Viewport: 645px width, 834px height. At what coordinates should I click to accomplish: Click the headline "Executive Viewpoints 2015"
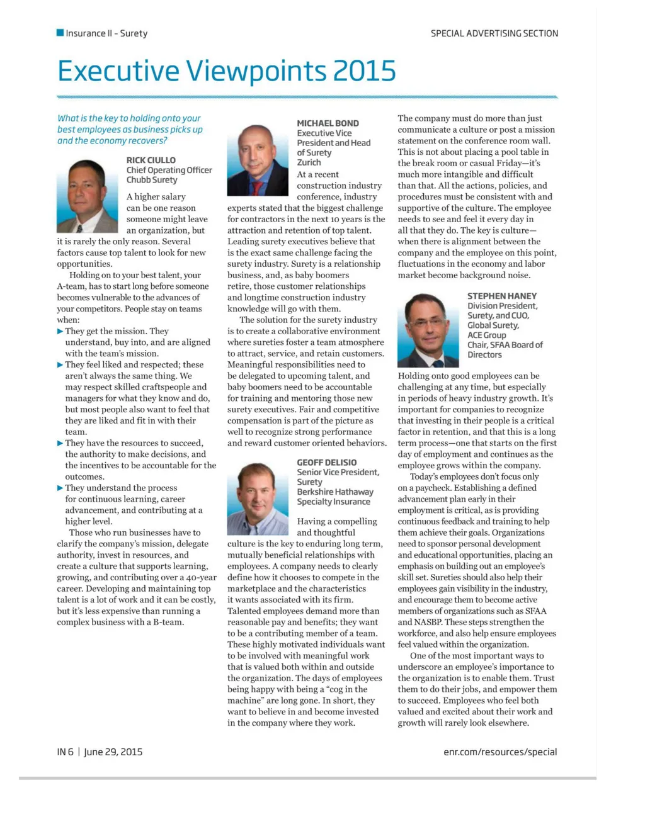pyautogui.click(x=226, y=71)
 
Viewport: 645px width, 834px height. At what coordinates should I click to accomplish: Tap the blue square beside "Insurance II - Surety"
pyautogui.click(x=60, y=33)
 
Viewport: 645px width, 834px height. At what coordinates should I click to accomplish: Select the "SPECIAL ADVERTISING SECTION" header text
pyautogui.click(x=494, y=33)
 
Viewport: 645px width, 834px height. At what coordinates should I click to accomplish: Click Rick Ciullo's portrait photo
pyautogui.click(x=87, y=196)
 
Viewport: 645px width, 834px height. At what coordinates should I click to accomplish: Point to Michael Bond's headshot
pyautogui.click(x=257, y=161)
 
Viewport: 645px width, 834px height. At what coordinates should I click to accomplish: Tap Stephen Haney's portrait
pyautogui.click(x=428, y=330)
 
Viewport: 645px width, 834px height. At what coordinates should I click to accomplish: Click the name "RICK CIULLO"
pyautogui.click(x=151, y=161)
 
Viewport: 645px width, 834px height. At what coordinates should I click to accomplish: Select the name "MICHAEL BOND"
pyautogui.click(x=328, y=123)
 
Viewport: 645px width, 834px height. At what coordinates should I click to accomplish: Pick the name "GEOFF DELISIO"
pyautogui.click(x=326, y=463)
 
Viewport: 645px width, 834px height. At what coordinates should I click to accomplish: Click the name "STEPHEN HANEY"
pyautogui.click(x=502, y=296)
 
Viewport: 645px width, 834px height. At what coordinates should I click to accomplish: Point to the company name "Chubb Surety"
pyautogui.click(x=152, y=180)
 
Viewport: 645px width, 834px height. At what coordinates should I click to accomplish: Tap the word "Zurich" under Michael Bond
pyautogui.click(x=309, y=162)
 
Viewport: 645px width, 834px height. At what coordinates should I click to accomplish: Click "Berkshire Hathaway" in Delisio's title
pyautogui.click(x=335, y=492)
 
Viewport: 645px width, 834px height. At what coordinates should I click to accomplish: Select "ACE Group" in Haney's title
pyautogui.click(x=487, y=335)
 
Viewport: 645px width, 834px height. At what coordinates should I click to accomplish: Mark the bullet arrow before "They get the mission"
pyautogui.click(x=60, y=331)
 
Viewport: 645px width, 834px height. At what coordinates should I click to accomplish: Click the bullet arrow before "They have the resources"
pyautogui.click(x=60, y=443)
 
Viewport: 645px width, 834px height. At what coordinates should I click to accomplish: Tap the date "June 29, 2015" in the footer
pyautogui.click(x=113, y=752)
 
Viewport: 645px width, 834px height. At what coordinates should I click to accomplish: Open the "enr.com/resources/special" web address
pyautogui.click(x=500, y=752)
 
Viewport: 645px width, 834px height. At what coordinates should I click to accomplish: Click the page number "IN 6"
pyautogui.click(x=65, y=752)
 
